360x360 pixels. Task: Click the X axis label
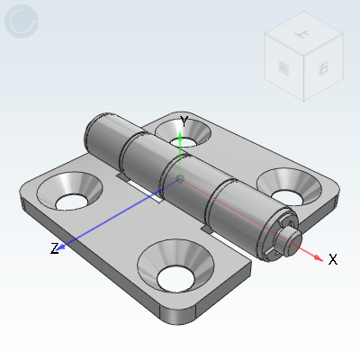[x=332, y=259]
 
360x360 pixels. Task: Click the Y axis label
[x=184, y=121]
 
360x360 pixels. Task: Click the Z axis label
[x=54, y=248]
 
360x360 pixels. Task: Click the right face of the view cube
[x=323, y=70]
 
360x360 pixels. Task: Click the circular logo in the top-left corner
[x=22, y=22]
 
